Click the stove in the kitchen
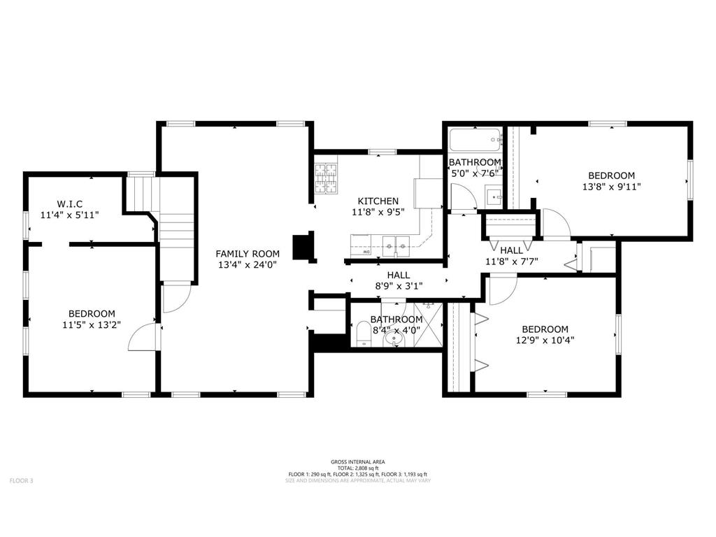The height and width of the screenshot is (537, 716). point(326,179)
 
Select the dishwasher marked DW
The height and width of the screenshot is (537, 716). point(362,243)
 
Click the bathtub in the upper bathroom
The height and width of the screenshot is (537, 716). point(475,141)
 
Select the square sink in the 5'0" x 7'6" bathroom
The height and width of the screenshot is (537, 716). point(494,195)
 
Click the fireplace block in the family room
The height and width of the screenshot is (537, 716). point(303,246)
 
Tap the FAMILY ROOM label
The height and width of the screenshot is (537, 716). point(248,254)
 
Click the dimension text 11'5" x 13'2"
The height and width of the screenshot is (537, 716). point(92,325)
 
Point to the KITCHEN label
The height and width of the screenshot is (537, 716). point(378,201)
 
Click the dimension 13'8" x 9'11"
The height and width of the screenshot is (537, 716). point(611,187)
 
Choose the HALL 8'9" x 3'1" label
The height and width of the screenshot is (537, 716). point(394,280)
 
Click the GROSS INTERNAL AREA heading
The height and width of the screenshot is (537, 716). point(357,461)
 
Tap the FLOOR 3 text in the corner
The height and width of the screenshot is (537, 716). point(21,480)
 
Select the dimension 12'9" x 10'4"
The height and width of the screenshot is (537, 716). point(545,341)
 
